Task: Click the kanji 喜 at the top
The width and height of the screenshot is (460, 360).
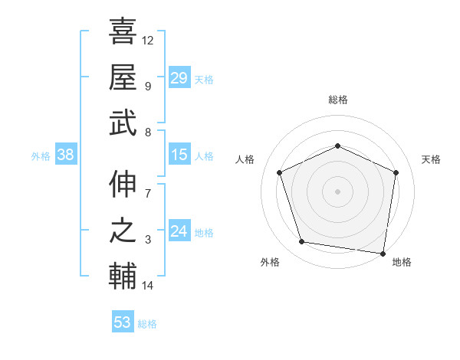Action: click(123, 31)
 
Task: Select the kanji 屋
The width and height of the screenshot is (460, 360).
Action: click(123, 77)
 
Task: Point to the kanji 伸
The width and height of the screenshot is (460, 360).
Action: click(123, 184)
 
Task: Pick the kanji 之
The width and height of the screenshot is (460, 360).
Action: click(123, 231)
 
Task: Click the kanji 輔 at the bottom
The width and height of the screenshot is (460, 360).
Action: click(123, 277)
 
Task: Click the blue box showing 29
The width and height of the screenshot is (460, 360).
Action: click(179, 78)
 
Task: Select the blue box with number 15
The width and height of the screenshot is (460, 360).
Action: click(179, 155)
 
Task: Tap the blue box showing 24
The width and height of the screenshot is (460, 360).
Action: click(179, 232)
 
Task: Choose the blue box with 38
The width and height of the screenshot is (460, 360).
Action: click(66, 155)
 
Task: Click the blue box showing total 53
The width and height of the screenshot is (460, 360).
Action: click(123, 322)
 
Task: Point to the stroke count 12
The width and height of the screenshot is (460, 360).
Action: click(148, 40)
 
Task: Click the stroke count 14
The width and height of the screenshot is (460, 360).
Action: click(148, 286)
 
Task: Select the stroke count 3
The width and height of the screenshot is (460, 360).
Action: click(148, 240)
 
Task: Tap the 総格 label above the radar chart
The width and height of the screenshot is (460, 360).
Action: click(337, 100)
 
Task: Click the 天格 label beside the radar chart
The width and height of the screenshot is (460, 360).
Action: click(431, 159)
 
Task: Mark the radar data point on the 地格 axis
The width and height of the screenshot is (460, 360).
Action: click(383, 253)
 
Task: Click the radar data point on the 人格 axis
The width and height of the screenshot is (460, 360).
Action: click(280, 172)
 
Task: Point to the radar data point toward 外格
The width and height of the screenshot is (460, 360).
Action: click(302, 242)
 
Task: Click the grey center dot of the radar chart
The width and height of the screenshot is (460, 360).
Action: click(337, 191)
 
